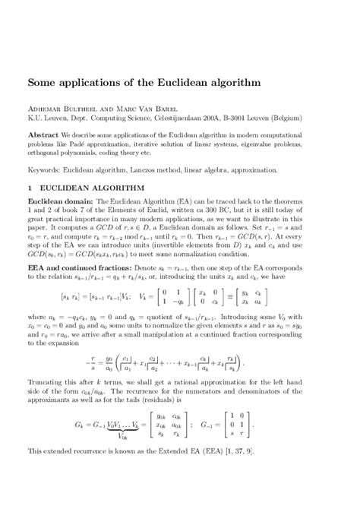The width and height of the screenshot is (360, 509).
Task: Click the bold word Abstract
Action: (x=44, y=133)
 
